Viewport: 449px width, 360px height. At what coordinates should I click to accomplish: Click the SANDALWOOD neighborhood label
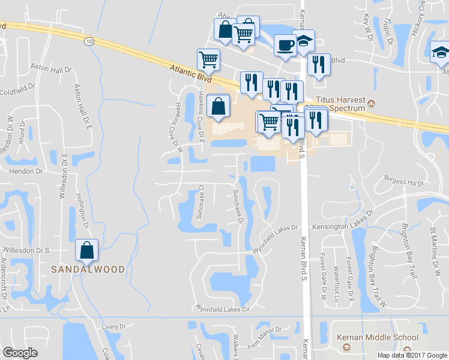pyautogui.click(x=88, y=269)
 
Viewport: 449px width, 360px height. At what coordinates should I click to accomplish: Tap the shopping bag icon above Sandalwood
pyautogui.click(x=87, y=251)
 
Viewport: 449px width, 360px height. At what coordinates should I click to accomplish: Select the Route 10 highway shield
pyautogui.click(x=89, y=41)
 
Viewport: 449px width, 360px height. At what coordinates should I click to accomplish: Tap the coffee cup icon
pyautogui.click(x=285, y=44)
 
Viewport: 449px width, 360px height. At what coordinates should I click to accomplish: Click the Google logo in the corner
pyautogui.click(x=20, y=352)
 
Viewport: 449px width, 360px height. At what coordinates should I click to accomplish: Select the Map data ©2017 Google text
pyautogui.click(x=411, y=355)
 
